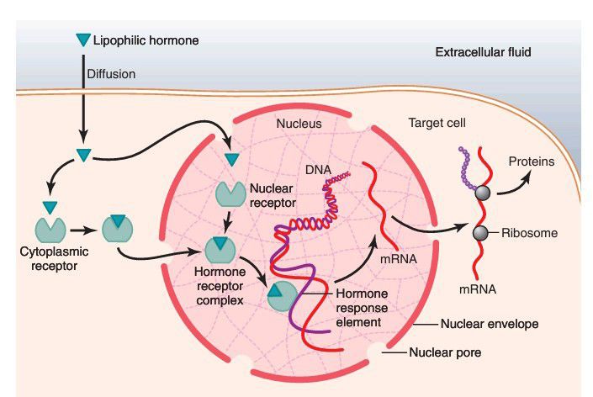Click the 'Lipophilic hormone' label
[x=146, y=40]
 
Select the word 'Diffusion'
[x=111, y=74]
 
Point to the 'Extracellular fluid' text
[x=483, y=53]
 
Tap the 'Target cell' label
[x=437, y=123]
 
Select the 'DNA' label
[x=318, y=170]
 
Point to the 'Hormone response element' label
[x=363, y=306]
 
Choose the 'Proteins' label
[x=532, y=161]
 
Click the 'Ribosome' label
[x=529, y=233]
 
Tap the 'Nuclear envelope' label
[x=490, y=323]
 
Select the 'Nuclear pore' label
[x=444, y=352]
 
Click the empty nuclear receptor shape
[x=229, y=193]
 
